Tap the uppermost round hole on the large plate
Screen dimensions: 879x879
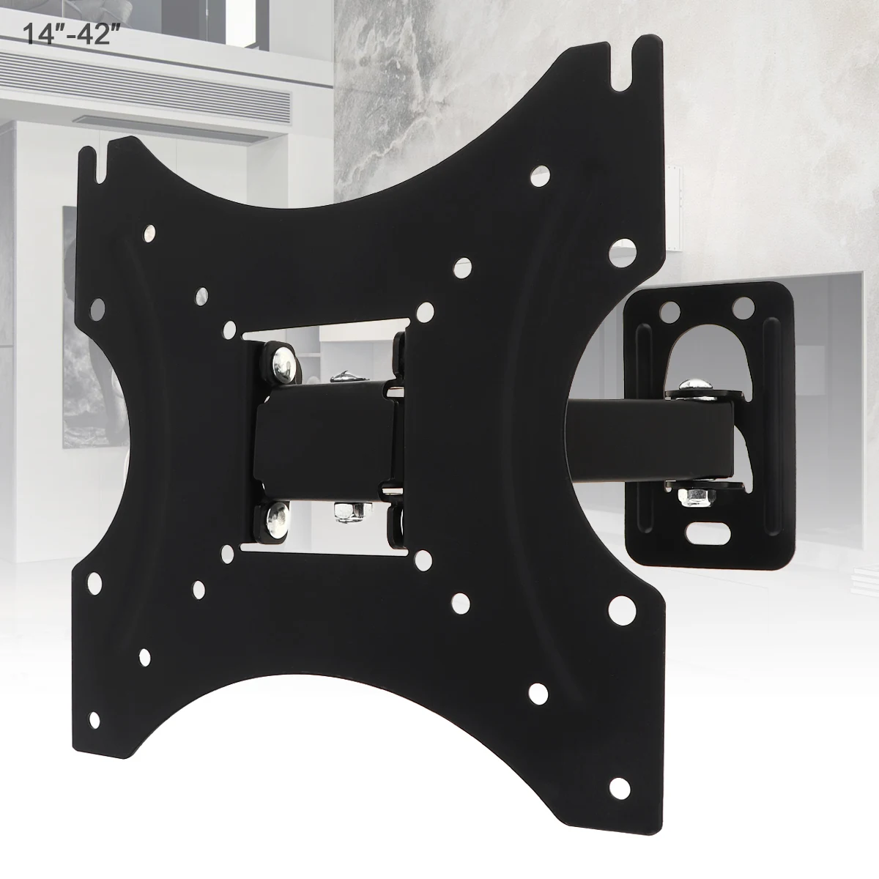541,175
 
